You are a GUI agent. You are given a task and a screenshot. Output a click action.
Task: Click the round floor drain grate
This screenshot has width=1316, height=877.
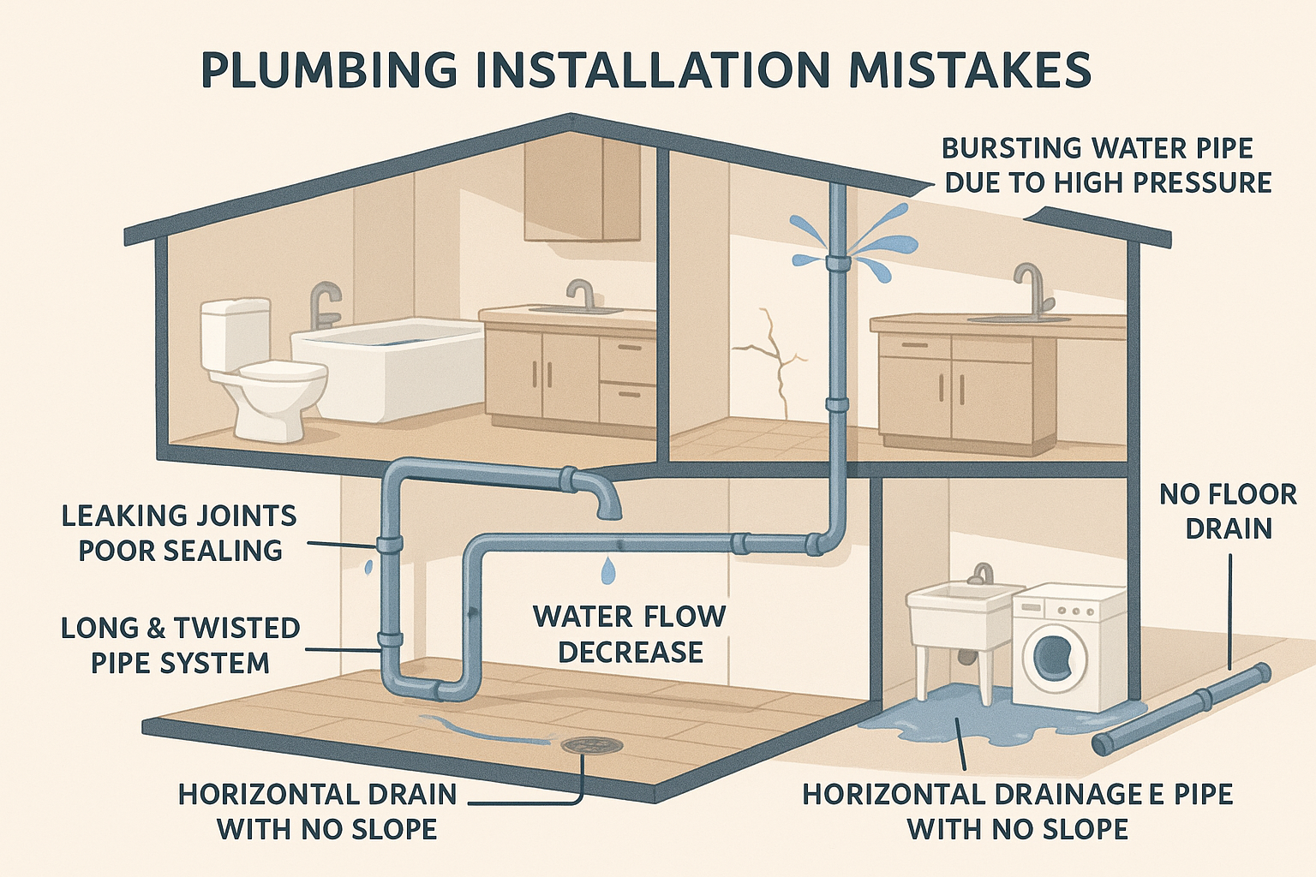[592, 745]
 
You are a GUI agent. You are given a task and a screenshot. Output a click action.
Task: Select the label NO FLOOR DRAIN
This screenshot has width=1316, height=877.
[1227, 511]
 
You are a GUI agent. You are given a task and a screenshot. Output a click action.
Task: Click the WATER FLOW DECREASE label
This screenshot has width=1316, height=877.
[631, 634]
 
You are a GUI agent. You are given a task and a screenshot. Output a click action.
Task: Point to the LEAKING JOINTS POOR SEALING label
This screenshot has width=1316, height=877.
[180, 534]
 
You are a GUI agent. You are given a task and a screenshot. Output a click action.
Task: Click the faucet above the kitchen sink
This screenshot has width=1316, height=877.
[1031, 291]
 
